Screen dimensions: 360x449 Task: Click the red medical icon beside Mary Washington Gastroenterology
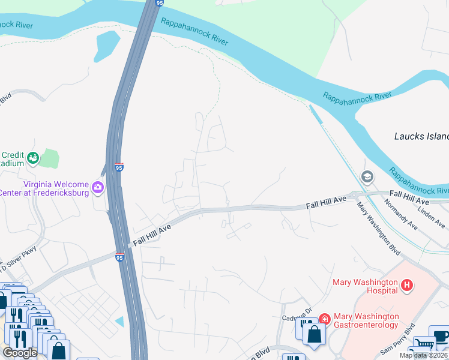coord(325,319)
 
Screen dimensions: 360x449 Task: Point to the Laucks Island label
coord(421,136)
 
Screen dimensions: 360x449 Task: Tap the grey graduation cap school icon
coord(366,177)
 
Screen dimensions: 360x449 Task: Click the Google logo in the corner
coord(20,352)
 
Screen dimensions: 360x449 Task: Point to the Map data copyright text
coord(423,355)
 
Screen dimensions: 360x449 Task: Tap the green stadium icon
coord(32,158)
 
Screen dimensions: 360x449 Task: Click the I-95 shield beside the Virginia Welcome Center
coord(119,167)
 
